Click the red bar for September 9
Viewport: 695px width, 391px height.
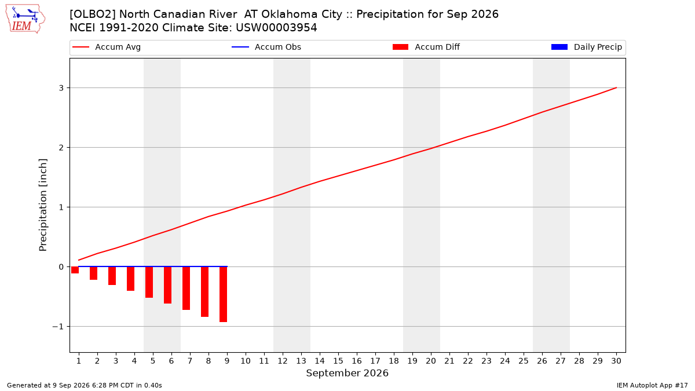click(224, 294)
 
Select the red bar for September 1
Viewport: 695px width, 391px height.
click(75, 270)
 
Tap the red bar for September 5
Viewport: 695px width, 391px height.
click(149, 282)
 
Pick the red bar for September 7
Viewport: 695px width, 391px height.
click(186, 288)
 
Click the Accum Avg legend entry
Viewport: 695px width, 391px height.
click(107, 47)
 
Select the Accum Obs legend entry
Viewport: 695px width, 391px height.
click(266, 47)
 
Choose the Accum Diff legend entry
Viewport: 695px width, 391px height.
click(426, 47)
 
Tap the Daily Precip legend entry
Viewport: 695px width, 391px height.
click(586, 47)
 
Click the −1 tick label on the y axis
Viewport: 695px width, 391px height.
click(58, 327)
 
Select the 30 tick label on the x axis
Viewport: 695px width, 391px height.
click(616, 361)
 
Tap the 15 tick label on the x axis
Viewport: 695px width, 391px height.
click(338, 361)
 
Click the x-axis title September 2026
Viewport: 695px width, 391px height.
click(347, 373)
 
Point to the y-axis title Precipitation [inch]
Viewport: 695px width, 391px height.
click(43, 205)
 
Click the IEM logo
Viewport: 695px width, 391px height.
click(25, 19)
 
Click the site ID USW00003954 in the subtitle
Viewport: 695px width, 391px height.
click(276, 28)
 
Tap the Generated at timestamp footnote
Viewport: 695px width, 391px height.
click(85, 385)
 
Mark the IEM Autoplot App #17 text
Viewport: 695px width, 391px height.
click(652, 385)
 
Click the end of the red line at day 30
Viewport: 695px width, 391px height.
click(616, 88)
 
